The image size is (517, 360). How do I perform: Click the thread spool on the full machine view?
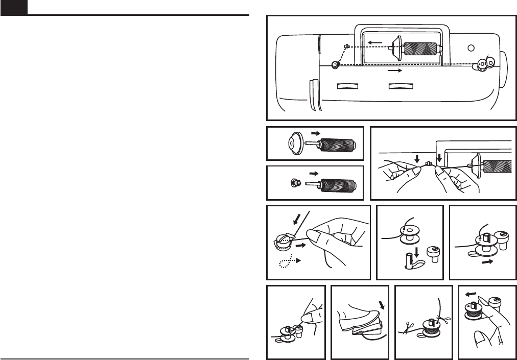pyautogui.click(x=420, y=49)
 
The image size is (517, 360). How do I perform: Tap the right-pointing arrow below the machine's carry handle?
pyautogui.click(x=395, y=72)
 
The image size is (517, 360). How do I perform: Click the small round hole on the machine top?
pyautogui.click(x=471, y=47)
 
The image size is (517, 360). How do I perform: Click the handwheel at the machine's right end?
pyautogui.click(x=502, y=65)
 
